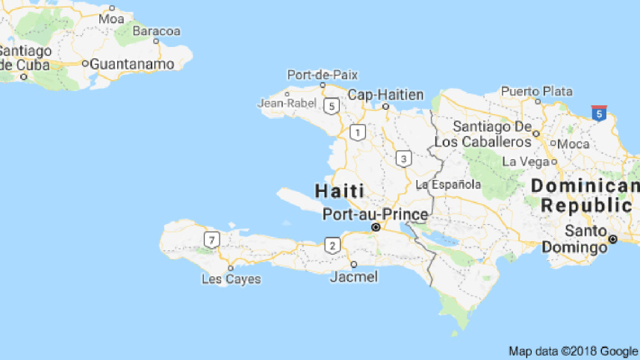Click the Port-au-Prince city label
[376, 215]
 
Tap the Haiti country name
[340, 190]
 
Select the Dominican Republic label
[585, 196]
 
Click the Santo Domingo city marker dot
[612, 239]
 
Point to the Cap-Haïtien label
[386, 95]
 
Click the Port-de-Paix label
[323, 75]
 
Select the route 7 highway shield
[213, 240]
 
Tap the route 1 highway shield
[358, 133]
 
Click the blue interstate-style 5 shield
[598, 114]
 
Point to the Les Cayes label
[232, 279]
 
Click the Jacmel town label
[354, 277]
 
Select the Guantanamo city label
[132, 64]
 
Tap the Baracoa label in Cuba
[157, 31]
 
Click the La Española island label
[449, 184]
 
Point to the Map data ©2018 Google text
[573, 350]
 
